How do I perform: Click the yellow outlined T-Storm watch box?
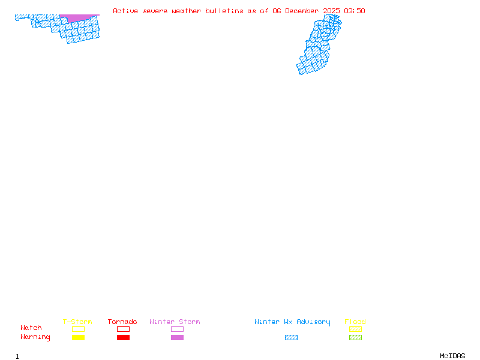click(78, 329)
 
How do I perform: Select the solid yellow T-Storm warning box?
click(78, 337)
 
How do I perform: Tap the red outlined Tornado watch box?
click(123, 329)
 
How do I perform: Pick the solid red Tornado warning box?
click(123, 337)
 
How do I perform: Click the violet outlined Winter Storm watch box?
click(177, 329)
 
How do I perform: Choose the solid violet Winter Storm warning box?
click(177, 337)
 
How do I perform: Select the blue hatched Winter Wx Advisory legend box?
click(291, 337)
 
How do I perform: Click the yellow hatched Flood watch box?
click(355, 329)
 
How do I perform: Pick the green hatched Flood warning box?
click(355, 337)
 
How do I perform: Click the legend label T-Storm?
click(77, 322)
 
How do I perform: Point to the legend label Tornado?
click(122, 322)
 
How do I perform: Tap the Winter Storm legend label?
click(175, 322)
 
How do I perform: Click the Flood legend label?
click(355, 322)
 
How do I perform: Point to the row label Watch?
click(31, 328)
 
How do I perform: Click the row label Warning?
click(35, 337)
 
